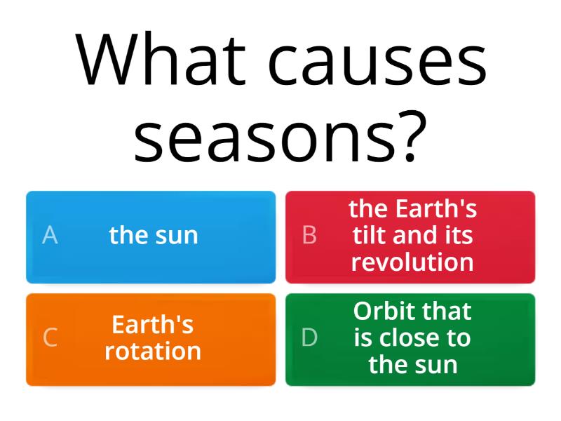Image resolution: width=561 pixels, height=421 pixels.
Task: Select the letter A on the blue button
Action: click(x=50, y=236)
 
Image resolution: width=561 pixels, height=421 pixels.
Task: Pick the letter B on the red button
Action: click(x=309, y=236)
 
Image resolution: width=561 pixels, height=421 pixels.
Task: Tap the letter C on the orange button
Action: click(x=50, y=338)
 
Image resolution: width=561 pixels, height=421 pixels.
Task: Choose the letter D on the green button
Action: click(x=309, y=338)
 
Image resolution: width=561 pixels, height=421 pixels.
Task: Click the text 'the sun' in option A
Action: click(x=154, y=236)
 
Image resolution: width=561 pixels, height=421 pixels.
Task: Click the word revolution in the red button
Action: click(x=412, y=262)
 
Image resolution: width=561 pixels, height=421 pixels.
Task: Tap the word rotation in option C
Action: click(x=153, y=351)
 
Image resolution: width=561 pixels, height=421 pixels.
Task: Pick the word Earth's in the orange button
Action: click(x=153, y=325)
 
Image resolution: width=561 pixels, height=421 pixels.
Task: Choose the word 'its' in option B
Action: click(x=459, y=236)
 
